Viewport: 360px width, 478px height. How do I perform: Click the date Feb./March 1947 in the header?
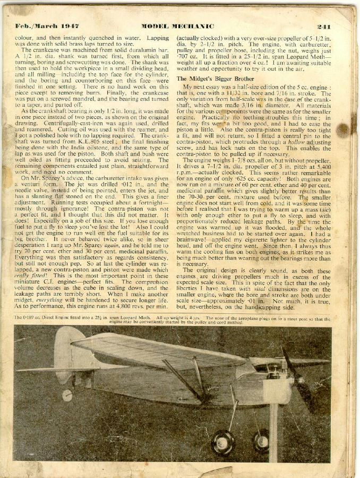(40, 26)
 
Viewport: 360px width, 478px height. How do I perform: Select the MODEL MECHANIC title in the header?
(177, 26)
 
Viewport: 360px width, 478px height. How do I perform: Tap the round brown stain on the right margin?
(342, 130)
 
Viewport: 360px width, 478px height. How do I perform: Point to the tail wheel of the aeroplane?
(67, 395)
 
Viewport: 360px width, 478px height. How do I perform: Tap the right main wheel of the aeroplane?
(260, 440)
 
